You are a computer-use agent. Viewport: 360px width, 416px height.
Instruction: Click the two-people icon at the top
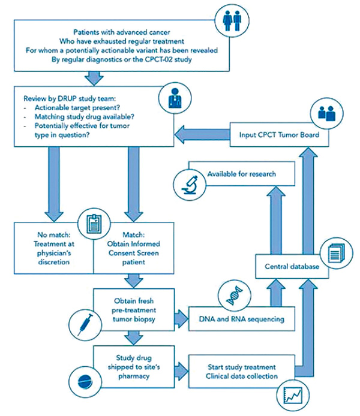point(233,20)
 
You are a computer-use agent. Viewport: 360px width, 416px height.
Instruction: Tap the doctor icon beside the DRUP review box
point(175,98)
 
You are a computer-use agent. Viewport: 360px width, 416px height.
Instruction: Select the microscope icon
point(190,184)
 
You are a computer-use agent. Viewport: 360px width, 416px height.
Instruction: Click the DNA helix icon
point(235,296)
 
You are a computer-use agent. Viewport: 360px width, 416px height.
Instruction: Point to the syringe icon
point(85,324)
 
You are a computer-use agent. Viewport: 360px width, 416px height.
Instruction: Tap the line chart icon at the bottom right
point(293,395)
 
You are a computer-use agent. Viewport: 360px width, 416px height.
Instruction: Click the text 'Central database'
point(292,266)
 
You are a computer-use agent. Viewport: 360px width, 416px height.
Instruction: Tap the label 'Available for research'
point(242,174)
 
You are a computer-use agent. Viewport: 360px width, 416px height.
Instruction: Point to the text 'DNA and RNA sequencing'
point(242,319)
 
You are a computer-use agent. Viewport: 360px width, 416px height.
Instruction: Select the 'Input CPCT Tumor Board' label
point(279,135)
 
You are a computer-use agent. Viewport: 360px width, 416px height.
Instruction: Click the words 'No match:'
point(54,235)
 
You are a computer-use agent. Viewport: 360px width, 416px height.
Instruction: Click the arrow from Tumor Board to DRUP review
point(202,134)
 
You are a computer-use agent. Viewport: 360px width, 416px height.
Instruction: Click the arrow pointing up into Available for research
point(276,220)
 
